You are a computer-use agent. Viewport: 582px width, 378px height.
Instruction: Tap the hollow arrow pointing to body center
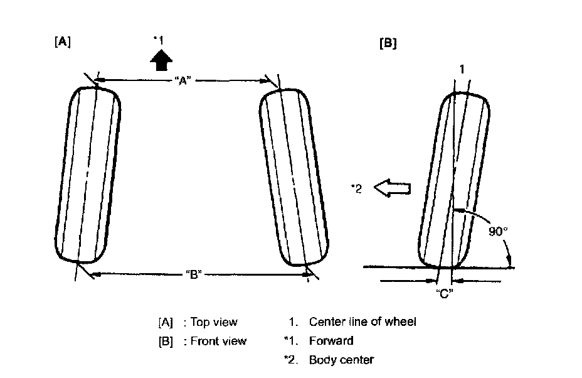tap(392, 187)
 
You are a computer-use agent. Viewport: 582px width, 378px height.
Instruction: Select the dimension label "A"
tap(183, 80)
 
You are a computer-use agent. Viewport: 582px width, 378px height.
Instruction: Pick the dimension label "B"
tap(194, 274)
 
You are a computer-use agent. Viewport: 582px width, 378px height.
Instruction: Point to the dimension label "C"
tap(445, 293)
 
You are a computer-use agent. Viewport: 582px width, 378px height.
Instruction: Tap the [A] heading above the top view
tap(62, 42)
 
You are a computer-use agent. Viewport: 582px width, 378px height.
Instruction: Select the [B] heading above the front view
tap(388, 43)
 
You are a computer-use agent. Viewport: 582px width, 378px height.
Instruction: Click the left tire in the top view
tap(88, 175)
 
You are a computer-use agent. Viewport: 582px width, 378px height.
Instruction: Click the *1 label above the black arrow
tap(159, 40)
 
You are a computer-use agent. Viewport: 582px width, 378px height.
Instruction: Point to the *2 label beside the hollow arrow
tap(356, 188)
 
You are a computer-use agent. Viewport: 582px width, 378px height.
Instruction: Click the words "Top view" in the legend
tap(214, 322)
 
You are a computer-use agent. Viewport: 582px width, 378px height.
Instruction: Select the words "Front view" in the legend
tap(218, 341)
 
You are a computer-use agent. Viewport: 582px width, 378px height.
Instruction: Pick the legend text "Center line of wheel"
tap(362, 322)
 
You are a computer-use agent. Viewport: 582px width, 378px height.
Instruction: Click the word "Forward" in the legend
tap(331, 341)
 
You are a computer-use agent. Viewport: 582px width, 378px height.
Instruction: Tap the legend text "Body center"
tap(341, 360)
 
